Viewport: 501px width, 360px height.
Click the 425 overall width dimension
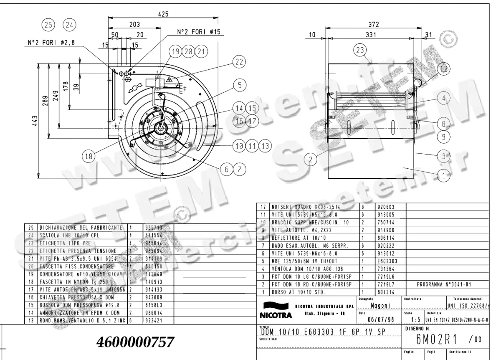pos(163,14)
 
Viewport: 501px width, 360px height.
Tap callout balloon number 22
pos(238,62)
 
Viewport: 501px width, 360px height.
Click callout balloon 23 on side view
pos(359,51)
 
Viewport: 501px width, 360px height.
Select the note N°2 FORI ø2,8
pos(51,43)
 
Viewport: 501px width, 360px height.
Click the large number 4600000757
pos(134,342)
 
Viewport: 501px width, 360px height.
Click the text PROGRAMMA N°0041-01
pos(444,284)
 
